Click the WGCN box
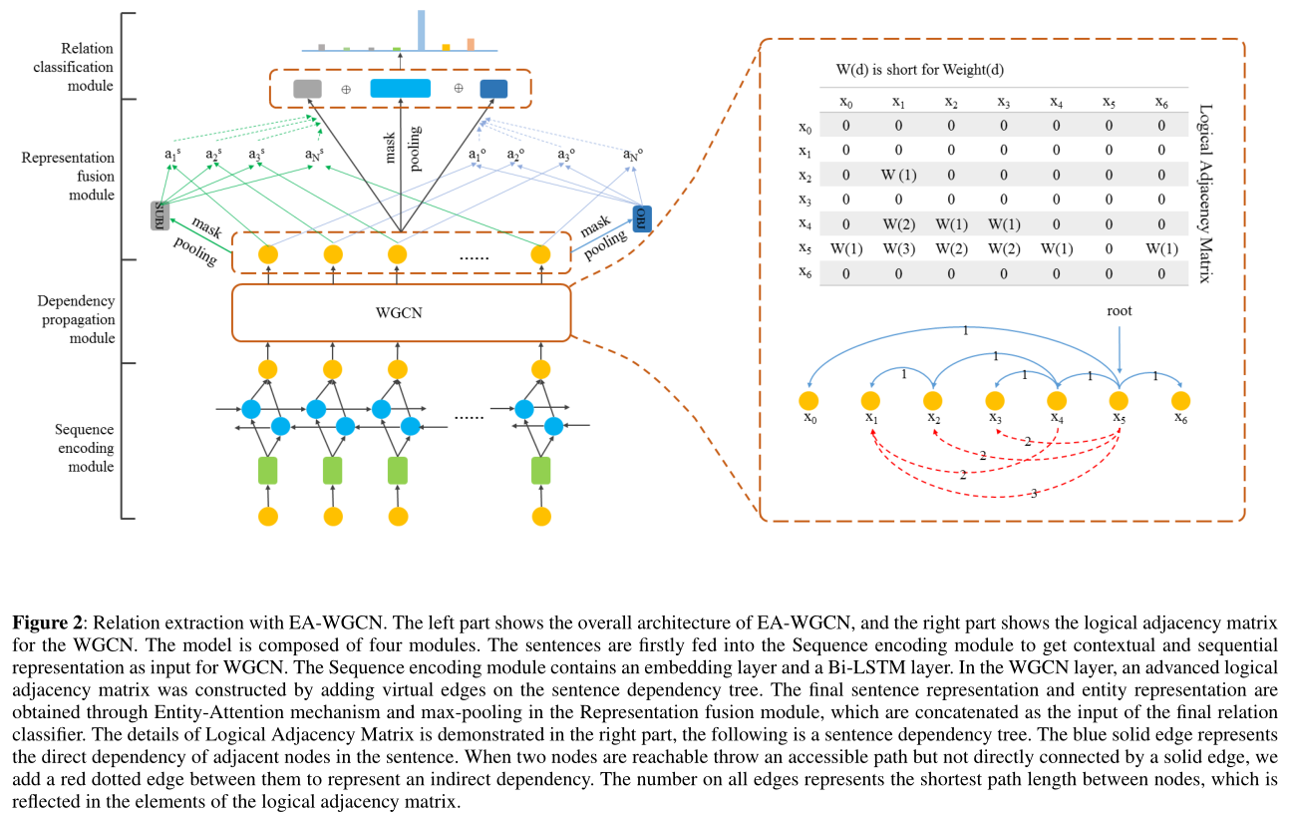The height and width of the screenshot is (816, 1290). tap(401, 312)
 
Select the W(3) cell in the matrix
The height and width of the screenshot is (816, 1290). tap(898, 247)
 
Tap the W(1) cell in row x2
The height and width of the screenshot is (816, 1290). tap(898, 176)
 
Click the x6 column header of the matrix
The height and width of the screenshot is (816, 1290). tap(1160, 103)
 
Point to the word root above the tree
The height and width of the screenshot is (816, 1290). tap(1120, 311)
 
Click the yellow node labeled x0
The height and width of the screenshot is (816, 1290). tap(808, 401)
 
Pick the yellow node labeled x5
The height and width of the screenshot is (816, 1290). tap(1120, 401)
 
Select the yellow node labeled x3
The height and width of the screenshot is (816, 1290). tap(995, 401)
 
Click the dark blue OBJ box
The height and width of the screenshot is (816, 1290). tap(641, 218)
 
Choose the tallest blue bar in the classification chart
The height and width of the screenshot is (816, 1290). tap(421, 30)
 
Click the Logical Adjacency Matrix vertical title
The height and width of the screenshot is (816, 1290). tap(1204, 194)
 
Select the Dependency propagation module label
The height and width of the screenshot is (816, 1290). tap(76, 319)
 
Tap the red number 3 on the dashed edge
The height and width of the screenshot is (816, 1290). tap(1033, 494)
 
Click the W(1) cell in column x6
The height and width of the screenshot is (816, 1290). tap(1160, 247)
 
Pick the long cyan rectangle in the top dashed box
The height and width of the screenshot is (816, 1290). tap(400, 88)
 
